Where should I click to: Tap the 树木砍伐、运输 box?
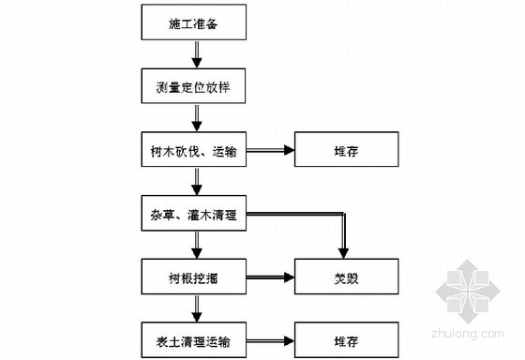click(x=195, y=151)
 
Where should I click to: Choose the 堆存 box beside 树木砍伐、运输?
click(x=337, y=151)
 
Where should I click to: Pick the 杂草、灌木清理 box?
click(x=195, y=217)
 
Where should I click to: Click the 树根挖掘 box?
click(x=195, y=276)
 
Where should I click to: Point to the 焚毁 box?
click(x=337, y=276)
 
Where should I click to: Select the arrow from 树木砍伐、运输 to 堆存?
click(x=271, y=151)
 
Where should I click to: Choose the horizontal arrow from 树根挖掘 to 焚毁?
click(x=271, y=276)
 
